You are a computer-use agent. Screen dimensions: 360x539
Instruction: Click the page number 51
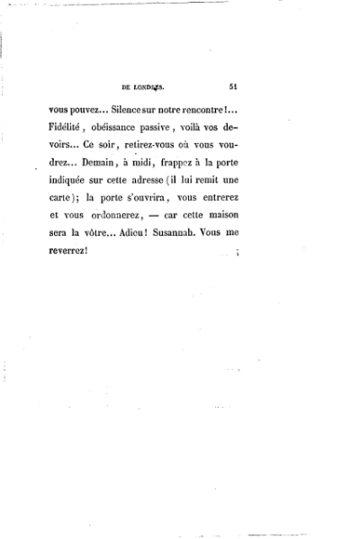(233, 87)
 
